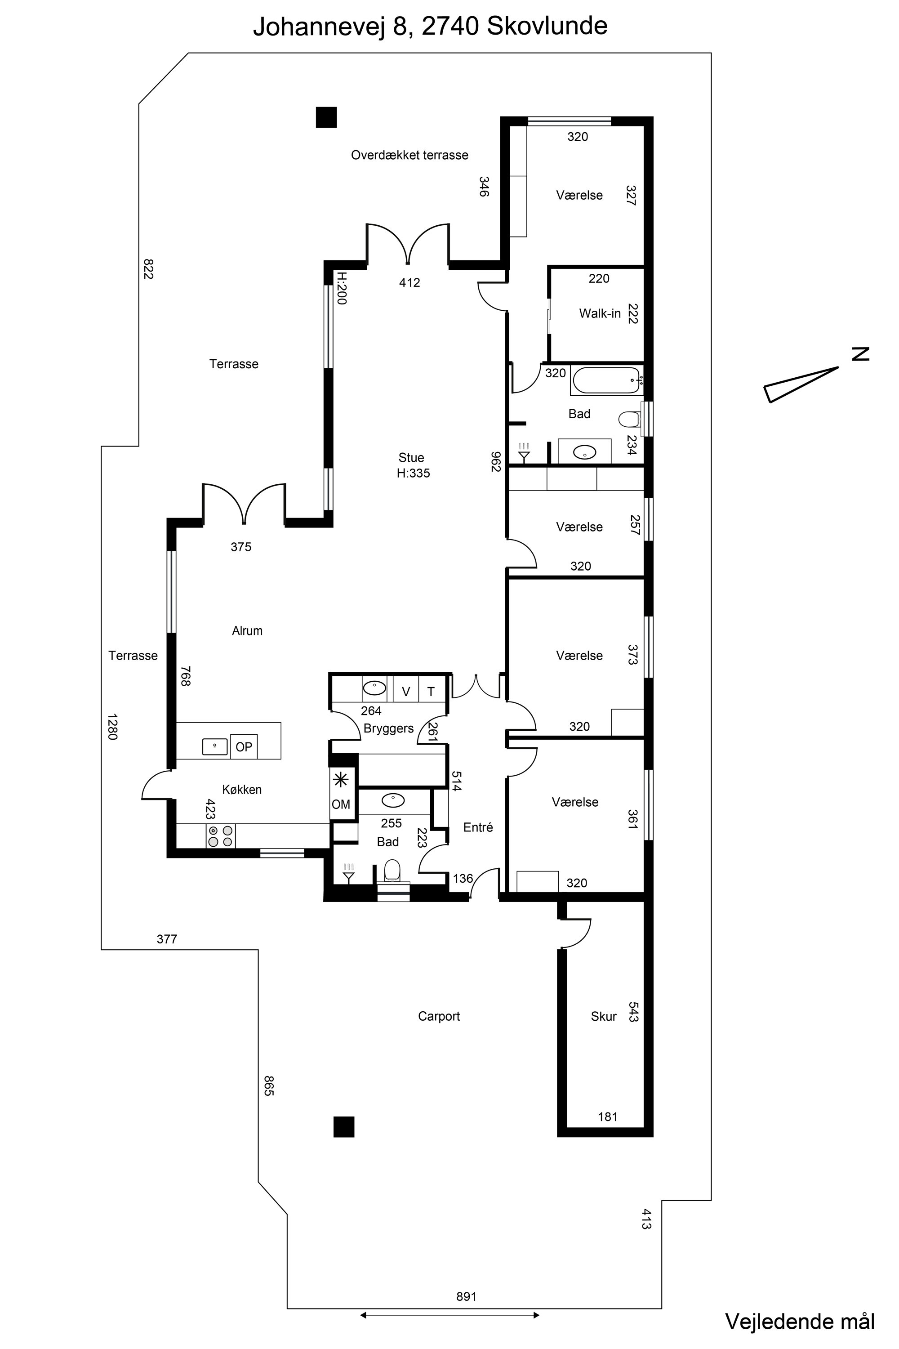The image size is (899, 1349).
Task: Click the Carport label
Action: tap(439, 1016)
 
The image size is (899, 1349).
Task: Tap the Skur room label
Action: tap(603, 1016)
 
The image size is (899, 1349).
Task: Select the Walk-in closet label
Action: tap(600, 313)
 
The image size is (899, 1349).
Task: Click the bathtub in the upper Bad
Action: tap(606, 381)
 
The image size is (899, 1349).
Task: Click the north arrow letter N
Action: tap(860, 354)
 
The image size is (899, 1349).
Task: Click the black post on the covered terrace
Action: tap(326, 117)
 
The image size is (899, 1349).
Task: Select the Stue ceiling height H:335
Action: tap(414, 473)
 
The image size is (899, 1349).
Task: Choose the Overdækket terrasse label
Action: tap(409, 155)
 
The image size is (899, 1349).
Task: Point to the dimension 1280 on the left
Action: tap(112, 727)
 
